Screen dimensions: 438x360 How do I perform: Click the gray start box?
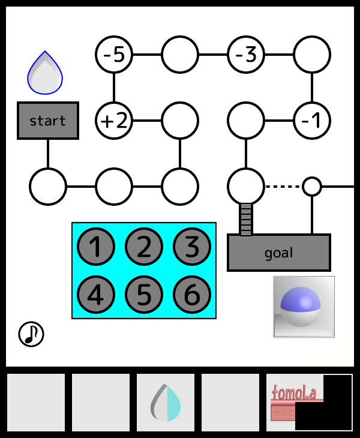(x=47, y=121)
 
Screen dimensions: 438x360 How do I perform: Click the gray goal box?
(x=279, y=253)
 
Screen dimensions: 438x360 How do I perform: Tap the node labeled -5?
(x=113, y=55)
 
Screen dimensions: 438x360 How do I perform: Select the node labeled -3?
(x=246, y=55)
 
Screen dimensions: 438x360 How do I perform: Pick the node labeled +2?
(x=113, y=121)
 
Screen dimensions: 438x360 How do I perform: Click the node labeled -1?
(x=312, y=121)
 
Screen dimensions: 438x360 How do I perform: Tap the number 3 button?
(x=191, y=247)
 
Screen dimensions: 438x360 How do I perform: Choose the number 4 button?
(x=96, y=295)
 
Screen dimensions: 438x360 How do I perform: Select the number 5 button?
(x=144, y=295)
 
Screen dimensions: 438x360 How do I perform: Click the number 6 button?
(x=191, y=295)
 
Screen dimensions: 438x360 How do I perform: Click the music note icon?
(x=31, y=334)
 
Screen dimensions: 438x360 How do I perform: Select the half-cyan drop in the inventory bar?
(x=166, y=402)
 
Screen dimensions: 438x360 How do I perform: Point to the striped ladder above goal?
(x=246, y=219)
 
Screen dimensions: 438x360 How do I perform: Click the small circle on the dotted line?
(x=312, y=187)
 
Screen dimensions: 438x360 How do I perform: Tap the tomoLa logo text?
(x=294, y=394)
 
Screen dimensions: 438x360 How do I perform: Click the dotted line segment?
(x=283, y=187)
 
